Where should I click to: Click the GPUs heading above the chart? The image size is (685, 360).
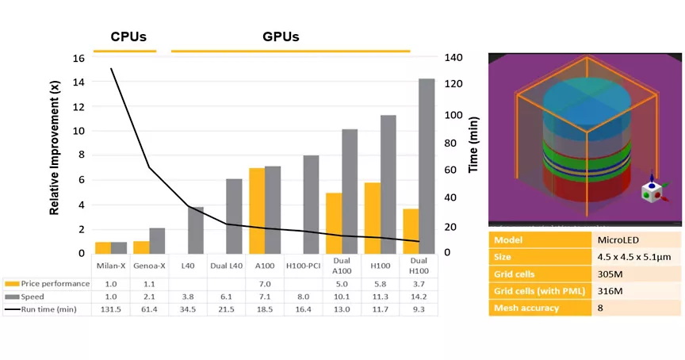281,36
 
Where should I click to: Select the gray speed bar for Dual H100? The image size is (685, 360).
427,166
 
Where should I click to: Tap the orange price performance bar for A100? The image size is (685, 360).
257,210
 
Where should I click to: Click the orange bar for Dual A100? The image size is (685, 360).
334,223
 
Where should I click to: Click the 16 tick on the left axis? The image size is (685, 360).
78,58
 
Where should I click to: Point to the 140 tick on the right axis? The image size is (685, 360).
453,58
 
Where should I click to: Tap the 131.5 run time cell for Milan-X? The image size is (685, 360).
111,309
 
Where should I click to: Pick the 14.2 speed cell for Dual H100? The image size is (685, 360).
420,297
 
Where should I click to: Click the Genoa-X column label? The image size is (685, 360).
149,266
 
